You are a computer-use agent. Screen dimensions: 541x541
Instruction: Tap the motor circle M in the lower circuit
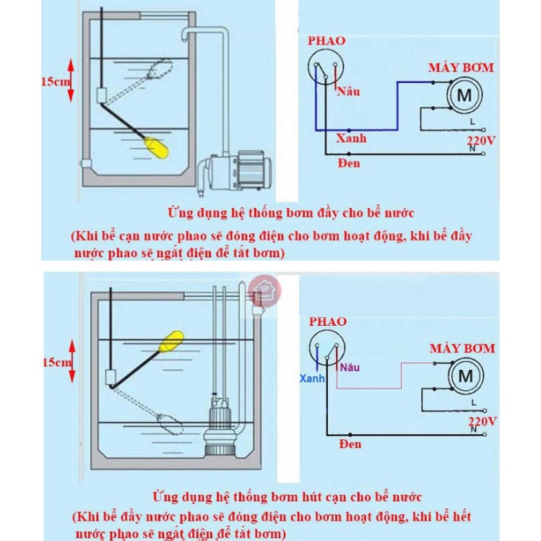(x=466, y=376)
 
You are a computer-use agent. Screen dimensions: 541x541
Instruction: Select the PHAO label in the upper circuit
(x=326, y=41)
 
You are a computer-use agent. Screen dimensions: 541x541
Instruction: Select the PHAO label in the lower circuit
(x=327, y=321)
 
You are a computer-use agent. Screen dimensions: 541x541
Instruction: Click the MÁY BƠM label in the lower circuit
(x=462, y=348)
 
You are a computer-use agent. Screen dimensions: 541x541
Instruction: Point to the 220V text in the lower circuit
(x=480, y=420)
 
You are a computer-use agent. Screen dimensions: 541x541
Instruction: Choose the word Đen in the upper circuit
(x=349, y=163)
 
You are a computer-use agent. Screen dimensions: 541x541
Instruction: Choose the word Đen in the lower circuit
(x=350, y=443)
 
